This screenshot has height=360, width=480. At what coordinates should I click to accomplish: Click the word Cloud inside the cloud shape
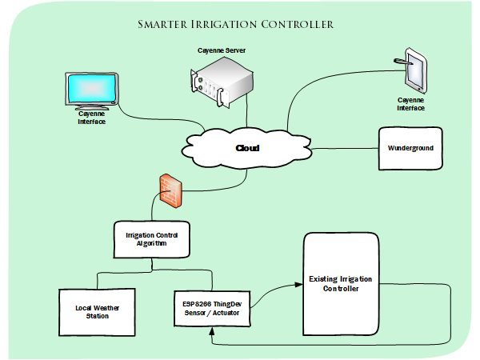tap(248, 149)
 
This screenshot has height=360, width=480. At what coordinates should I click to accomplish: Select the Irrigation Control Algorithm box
tap(152, 238)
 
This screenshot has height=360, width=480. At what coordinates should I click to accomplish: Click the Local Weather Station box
tap(96, 310)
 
